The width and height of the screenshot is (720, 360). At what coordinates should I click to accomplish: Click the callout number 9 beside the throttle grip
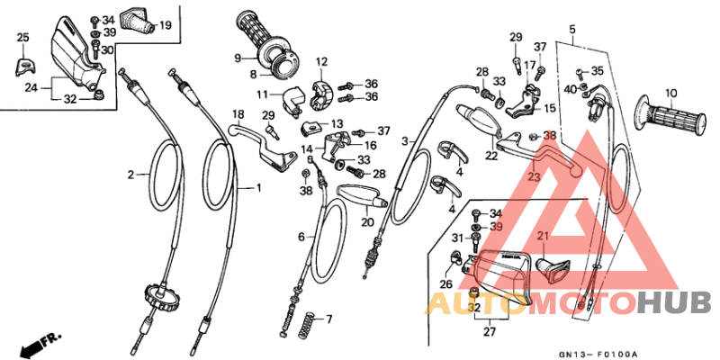tap(238, 58)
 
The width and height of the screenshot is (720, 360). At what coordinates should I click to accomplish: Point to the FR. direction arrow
tap(40, 341)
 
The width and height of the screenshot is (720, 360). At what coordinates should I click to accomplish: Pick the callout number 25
tap(23, 37)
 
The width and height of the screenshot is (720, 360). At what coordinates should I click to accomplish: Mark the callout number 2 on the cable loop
tap(131, 175)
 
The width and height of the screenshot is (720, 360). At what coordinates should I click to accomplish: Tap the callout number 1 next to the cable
tap(259, 188)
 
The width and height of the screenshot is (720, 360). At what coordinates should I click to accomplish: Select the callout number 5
tap(571, 30)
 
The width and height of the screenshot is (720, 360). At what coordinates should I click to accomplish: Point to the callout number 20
tap(367, 222)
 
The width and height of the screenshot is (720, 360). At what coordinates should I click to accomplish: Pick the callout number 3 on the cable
tap(405, 141)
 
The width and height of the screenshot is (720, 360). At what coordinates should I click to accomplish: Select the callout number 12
tap(321, 61)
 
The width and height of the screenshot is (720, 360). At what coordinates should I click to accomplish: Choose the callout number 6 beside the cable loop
tap(302, 237)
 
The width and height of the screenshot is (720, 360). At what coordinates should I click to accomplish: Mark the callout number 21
tap(543, 237)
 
